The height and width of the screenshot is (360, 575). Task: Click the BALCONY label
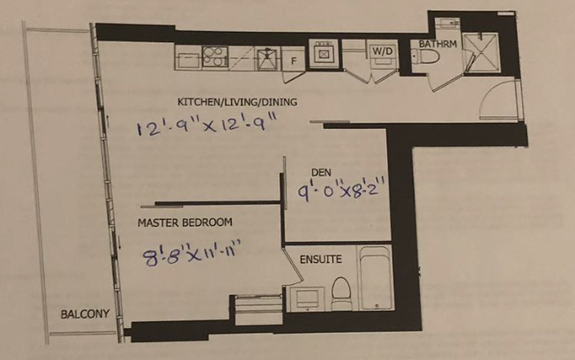point(85,314)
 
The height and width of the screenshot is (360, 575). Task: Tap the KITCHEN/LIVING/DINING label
point(237,102)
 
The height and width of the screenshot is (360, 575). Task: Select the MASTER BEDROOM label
point(185,222)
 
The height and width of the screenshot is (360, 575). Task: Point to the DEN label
point(321,172)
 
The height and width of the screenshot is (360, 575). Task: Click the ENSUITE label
point(321,259)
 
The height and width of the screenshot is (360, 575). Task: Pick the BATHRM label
point(437,44)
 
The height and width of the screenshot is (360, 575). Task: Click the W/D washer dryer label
point(383,51)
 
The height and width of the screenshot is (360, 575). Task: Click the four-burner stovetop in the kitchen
point(215,56)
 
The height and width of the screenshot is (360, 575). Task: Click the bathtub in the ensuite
point(376,279)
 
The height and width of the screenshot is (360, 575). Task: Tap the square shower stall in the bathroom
point(481,52)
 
